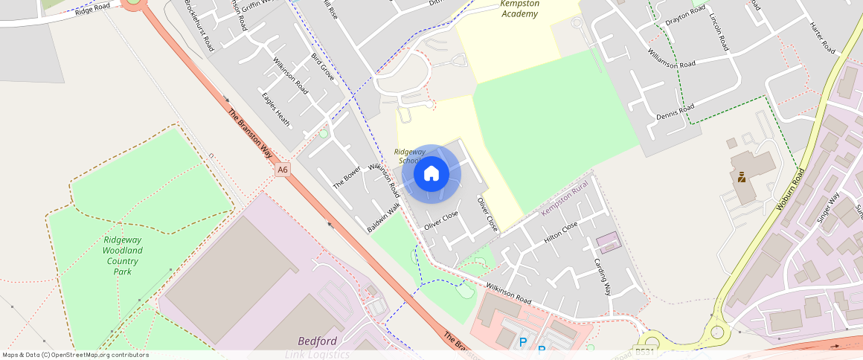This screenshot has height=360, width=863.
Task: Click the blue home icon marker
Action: coord(431,174)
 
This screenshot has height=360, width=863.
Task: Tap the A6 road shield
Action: coord(282,170)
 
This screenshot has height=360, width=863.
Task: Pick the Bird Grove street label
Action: coord(323,67)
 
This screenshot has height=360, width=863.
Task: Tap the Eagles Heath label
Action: coord(276,109)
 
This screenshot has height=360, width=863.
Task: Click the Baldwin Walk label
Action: coord(384,216)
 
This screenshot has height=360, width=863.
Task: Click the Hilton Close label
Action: coord(560,232)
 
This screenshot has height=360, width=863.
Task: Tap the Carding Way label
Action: coord(601,276)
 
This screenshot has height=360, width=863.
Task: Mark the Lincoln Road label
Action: coord(719,31)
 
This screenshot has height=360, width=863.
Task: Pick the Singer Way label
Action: coord(827,208)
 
